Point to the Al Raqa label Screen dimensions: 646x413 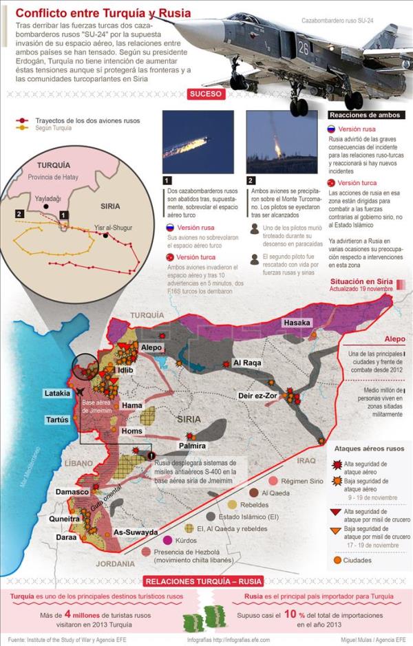(x=246, y=363)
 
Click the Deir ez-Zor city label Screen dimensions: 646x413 (x=257, y=396)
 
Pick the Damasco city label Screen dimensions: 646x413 (x=72, y=492)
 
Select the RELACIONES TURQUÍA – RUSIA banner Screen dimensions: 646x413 (x=206, y=581)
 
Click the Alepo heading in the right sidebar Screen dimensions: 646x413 (x=394, y=338)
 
